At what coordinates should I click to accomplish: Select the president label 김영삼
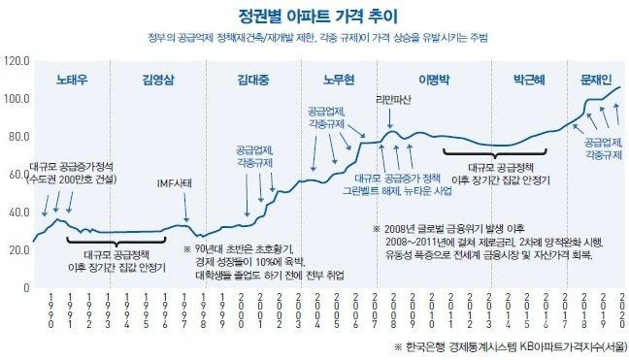160,79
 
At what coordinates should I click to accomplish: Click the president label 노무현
341,79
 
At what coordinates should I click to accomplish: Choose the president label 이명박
435,79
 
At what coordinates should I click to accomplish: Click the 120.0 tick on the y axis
17,61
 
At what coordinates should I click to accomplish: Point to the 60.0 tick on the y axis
17,174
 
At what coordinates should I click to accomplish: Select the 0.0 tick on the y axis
21,286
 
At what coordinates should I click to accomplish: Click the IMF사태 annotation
175,182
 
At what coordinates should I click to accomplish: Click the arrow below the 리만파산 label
391,120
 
